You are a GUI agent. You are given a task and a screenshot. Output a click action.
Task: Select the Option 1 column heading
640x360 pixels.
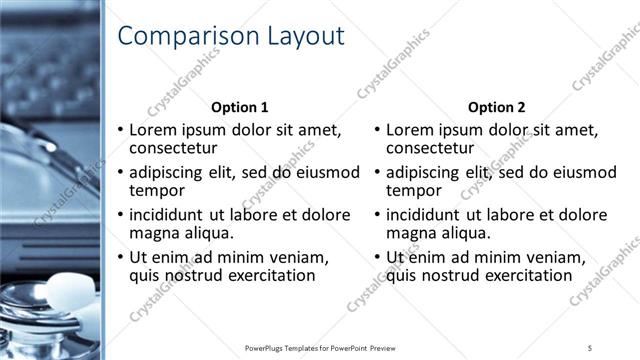(x=240, y=108)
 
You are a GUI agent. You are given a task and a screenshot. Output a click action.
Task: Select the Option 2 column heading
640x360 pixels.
(x=496, y=108)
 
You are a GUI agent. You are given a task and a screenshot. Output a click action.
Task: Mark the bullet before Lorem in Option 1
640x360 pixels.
(x=120, y=130)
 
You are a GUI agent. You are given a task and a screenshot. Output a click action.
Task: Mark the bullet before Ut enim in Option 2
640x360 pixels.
(x=376, y=257)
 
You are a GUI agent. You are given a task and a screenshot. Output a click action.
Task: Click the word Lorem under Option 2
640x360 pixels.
(x=410, y=130)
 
